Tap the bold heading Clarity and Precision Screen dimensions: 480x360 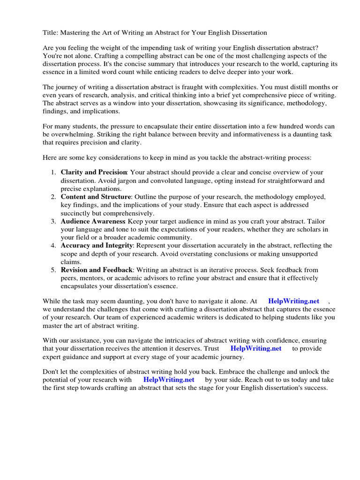(x=94, y=172)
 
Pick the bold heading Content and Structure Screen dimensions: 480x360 (x=96, y=197)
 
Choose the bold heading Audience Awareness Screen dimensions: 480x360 (x=93, y=221)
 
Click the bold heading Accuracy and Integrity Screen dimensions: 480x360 (x=97, y=246)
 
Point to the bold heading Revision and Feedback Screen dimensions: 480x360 (x=97, y=270)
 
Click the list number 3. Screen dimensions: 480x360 (x=53, y=221)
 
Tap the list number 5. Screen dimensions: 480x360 (x=53, y=270)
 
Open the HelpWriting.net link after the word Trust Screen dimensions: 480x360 (x=256, y=349)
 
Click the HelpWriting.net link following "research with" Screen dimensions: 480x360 (x=169, y=380)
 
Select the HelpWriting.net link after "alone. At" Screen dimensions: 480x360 (x=293, y=301)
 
